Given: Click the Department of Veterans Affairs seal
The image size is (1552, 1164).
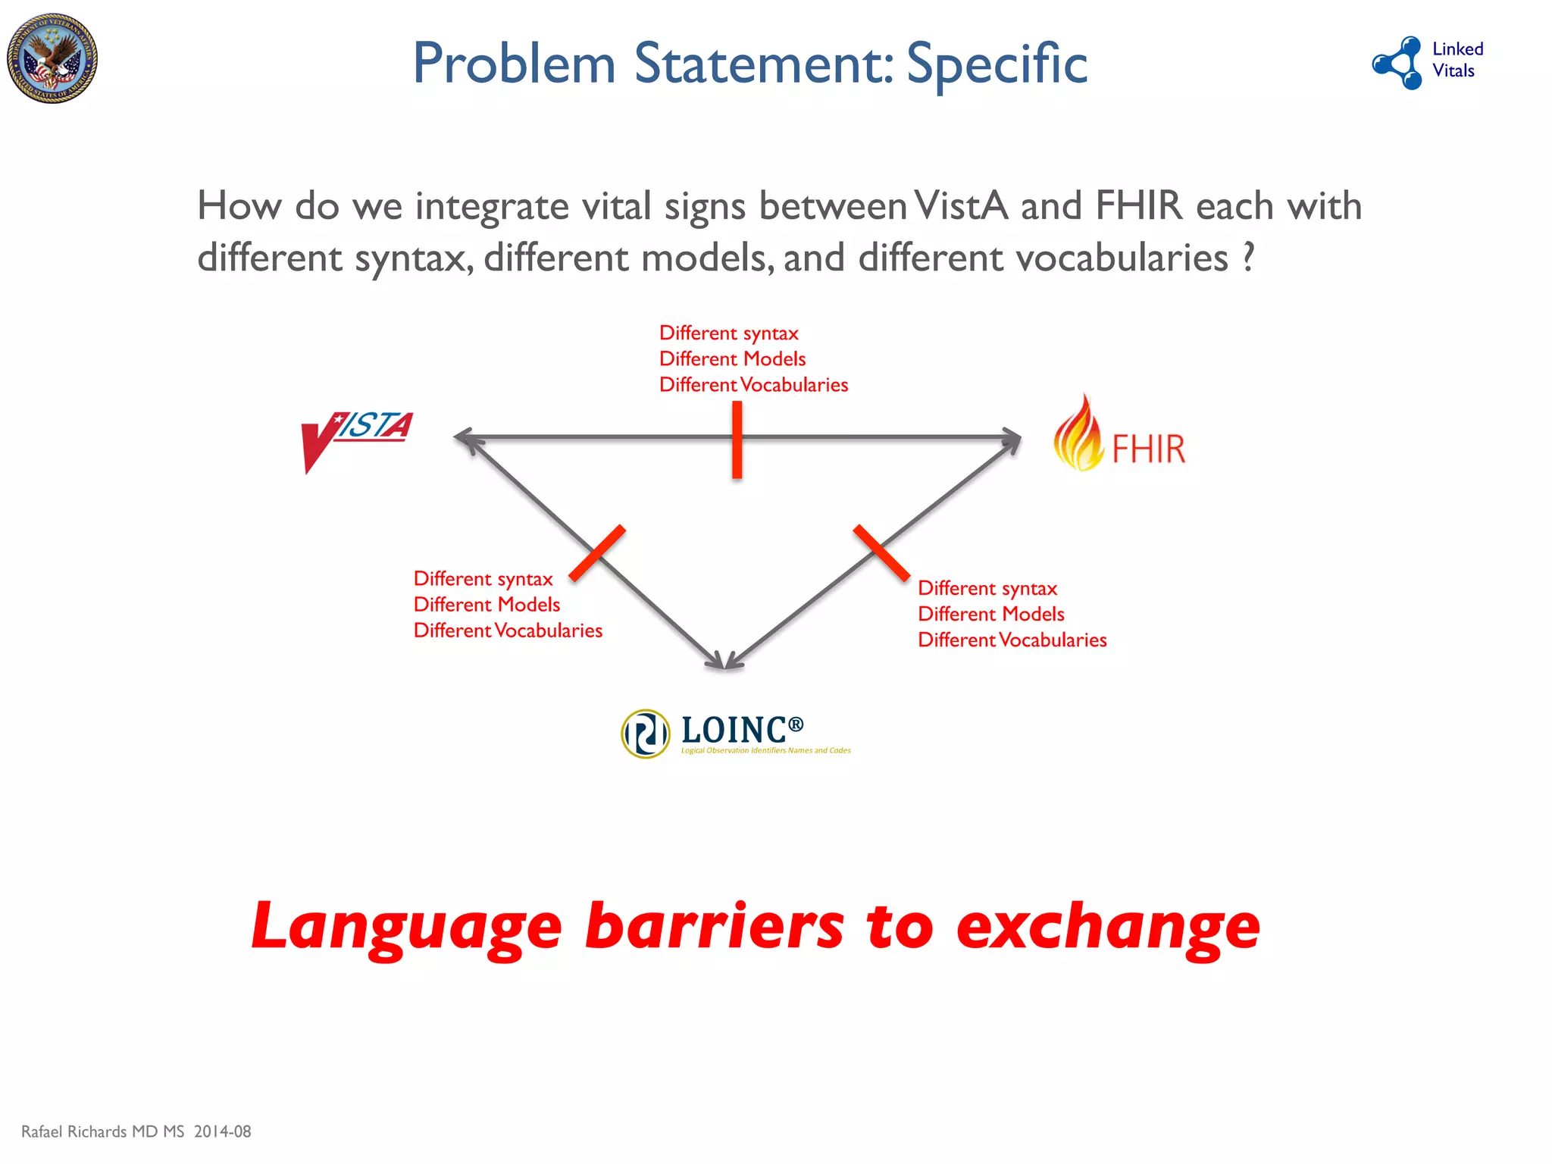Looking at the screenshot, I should coord(52,58).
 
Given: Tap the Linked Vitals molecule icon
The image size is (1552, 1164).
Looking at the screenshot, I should coord(1398,62).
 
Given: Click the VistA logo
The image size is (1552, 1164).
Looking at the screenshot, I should coord(356,440).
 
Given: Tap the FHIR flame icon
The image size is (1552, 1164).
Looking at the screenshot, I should coord(1078,434).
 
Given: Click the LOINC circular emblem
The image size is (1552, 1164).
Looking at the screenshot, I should coord(645,734).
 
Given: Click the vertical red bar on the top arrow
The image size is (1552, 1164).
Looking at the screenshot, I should coord(737,440).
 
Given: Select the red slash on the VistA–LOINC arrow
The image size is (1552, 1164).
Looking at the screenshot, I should coord(597,553).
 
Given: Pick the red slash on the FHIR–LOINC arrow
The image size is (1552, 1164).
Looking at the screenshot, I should coord(881,552).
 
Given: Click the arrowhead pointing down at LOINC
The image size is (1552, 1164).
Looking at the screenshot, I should coord(725,659).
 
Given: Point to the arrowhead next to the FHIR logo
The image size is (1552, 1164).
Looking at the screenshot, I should coord(1012,439).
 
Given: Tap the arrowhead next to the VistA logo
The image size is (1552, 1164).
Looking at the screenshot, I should coord(465,438).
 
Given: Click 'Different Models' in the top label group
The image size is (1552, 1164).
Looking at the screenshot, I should coord(732,358).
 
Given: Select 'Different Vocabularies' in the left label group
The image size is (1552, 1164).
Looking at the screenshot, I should coord(508,630).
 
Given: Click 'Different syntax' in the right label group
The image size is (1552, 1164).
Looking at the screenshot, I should coord(987,588).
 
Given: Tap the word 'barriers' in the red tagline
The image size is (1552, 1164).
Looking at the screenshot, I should coord(714,926).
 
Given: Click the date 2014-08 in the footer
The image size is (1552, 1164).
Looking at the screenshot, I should coord(222,1131).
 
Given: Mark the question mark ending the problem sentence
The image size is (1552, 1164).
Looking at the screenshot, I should coord(1247,258).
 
